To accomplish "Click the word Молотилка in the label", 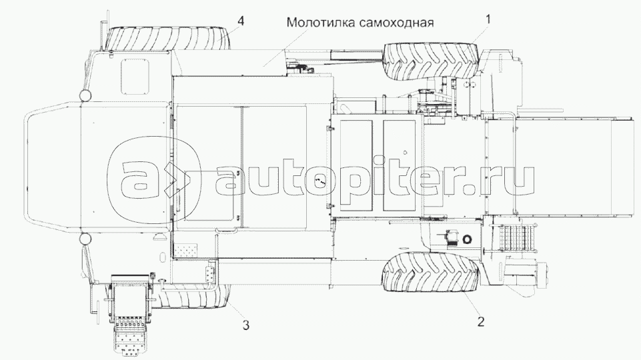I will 316,21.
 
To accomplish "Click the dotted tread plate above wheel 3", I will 191,251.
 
